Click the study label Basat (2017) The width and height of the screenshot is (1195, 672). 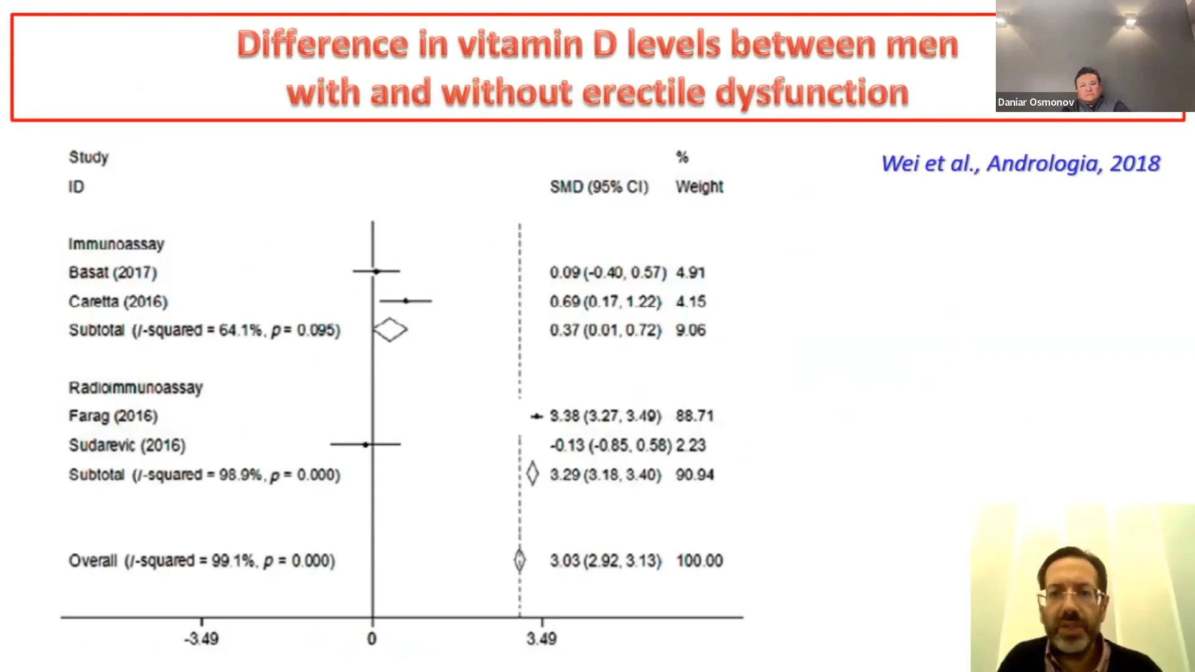coord(113,273)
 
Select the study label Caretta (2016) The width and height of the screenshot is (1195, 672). coord(118,302)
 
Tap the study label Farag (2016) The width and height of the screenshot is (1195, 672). coord(113,416)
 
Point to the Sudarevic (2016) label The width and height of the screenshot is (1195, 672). coord(127,445)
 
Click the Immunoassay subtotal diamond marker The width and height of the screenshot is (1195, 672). coord(390,330)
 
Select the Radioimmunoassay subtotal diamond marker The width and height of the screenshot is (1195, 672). coord(532,474)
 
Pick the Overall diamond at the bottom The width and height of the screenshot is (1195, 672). coord(520,560)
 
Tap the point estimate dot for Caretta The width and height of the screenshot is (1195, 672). coord(406,301)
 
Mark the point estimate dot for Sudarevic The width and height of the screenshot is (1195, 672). coord(365,444)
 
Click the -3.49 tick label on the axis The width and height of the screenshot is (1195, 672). coord(201,639)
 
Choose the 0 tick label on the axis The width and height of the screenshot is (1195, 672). coord(372,639)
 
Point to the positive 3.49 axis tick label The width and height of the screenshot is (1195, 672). coord(541,639)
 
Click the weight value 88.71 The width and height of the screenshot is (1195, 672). coord(695,416)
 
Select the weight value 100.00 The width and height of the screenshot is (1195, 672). coord(700,561)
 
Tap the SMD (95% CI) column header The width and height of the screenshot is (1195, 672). coord(599,187)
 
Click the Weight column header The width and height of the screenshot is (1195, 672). coord(700,187)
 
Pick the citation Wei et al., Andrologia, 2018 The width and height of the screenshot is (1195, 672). coord(1021,163)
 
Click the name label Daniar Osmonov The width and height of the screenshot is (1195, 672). coord(1036,102)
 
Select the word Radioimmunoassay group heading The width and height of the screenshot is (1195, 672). coord(136,388)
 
